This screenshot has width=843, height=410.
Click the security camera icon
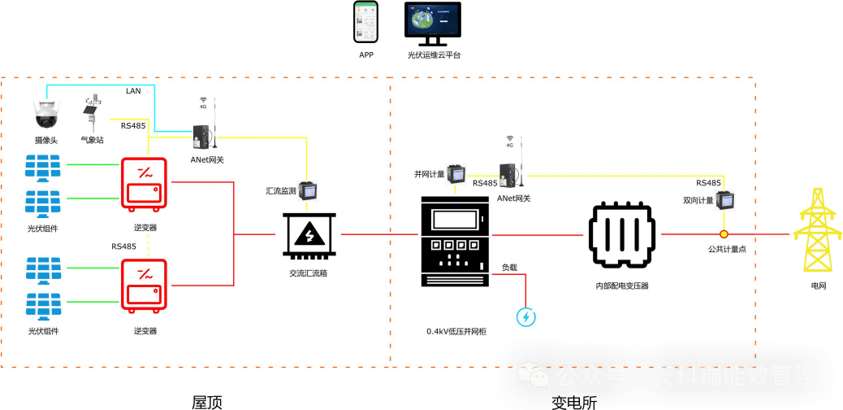(45, 113)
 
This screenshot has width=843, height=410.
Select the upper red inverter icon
(144, 183)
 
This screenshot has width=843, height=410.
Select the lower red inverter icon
(144, 284)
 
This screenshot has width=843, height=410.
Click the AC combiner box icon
(309, 237)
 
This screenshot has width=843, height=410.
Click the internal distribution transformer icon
(621, 235)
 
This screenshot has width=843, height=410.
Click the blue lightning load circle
(526, 316)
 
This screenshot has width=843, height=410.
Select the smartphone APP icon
(365, 22)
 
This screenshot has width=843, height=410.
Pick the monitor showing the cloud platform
(432, 24)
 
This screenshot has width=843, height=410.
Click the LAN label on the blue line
(133, 90)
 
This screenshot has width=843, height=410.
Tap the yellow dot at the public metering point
(724, 234)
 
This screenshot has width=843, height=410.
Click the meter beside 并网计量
(459, 173)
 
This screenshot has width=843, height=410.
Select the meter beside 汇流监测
(308, 190)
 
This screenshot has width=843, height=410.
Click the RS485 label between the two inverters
(123, 246)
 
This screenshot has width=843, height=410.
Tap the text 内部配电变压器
(621, 286)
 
